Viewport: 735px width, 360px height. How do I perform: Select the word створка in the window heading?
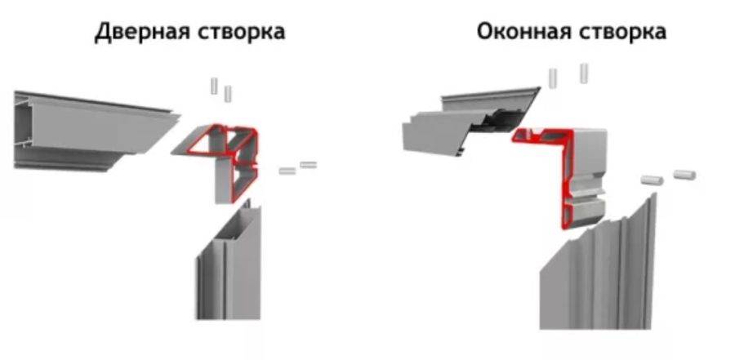623,33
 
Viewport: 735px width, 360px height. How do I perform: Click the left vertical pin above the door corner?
214,86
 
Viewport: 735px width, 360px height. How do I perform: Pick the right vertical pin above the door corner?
228,94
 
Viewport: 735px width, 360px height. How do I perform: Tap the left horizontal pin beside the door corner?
287,171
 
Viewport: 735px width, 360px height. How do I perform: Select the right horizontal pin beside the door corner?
309,165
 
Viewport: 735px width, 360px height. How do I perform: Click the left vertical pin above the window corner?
553,78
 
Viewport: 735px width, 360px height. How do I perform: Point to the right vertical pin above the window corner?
584,73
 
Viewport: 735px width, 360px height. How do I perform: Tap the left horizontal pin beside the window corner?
652,180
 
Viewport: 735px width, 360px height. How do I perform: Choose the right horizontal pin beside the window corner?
684,175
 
